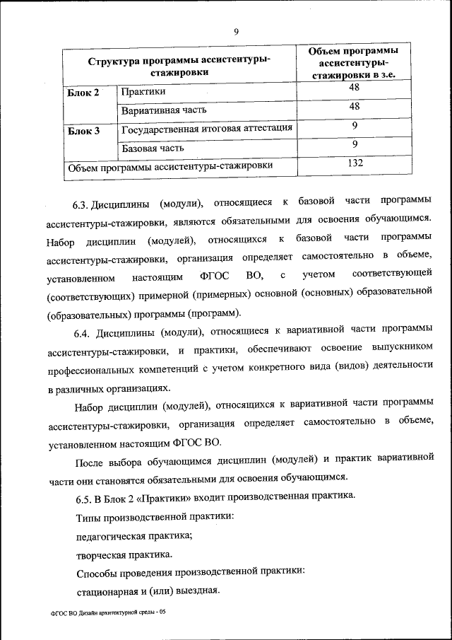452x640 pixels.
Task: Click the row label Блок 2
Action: pos(83,93)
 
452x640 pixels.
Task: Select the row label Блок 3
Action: pos(83,131)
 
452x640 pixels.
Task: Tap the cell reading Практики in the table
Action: pos(143,92)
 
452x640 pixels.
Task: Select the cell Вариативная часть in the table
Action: pos(162,111)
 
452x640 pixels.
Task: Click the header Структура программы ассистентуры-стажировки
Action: pos(179,66)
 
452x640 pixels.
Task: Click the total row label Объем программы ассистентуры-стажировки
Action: pos(169,167)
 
